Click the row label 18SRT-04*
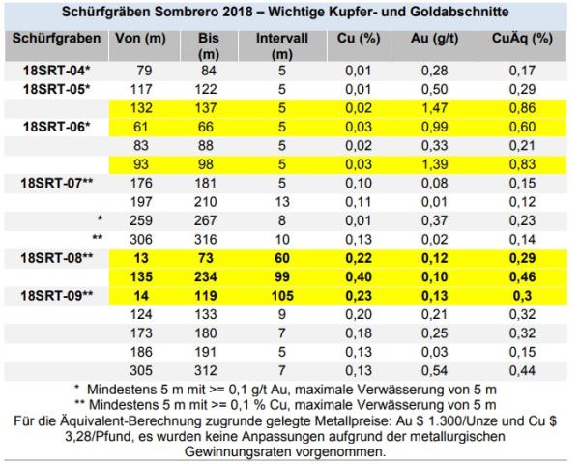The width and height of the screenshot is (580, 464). (x=57, y=72)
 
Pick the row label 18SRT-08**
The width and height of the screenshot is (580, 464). (x=57, y=256)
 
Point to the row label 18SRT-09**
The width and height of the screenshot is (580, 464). (x=57, y=293)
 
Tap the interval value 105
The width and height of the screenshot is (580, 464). (x=282, y=293)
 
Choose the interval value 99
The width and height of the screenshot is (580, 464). (x=282, y=275)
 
